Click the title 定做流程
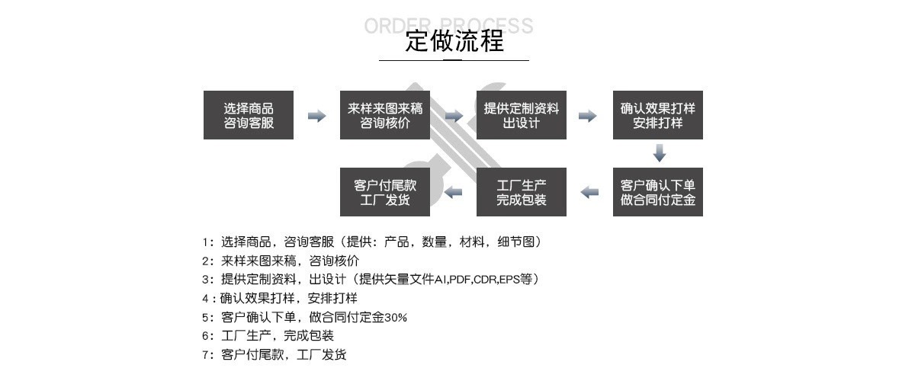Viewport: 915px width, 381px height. pyautogui.click(x=454, y=41)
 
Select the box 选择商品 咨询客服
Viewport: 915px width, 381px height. pyautogui.click(x=249, y=115)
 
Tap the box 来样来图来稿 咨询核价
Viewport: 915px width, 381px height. pyautogui.click(x=385, y=115)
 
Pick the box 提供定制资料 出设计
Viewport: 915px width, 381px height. pyautogui.click(x=522, y=115)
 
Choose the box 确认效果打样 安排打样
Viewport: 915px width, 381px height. pyautogui.click(x=658, y=115)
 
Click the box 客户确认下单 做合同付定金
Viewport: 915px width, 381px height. pyautogui.click(x=658, y=192)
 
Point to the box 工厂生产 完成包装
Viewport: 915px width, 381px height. pyautogui.click(x=522, y=192)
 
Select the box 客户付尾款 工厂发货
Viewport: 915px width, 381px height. pyautogui.click(x=385, y=192)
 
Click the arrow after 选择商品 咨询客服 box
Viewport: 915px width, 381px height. pyautogui.click(x=316, y=116)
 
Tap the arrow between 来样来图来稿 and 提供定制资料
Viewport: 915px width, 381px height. pyautogui.click(x=454, y=116)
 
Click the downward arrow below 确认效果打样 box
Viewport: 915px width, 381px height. pyautogui.click(x=660, y=153)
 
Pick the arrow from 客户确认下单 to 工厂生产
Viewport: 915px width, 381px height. pyautogui.click(x=589, y=192)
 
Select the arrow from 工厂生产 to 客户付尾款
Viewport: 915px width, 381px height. pyautogui.click(x=454, y=192)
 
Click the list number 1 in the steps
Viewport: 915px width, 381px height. pyautogui.click(x=205, y=242)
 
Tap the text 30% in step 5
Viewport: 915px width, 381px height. pyautogui.click(x=396, y=317)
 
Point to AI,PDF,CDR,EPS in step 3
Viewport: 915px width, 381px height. pyautogui.click(x=477, y=280)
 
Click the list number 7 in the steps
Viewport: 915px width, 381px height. pyautogui.click(x=205, y=354)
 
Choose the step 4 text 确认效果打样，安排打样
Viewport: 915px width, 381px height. pyautogui.click(x=289, y=298)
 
